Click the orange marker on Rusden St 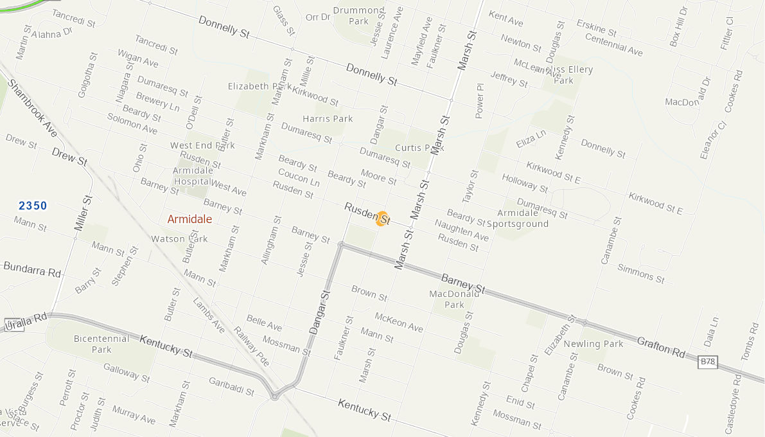(x=382, y=219)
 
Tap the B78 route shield (x=707, y=362)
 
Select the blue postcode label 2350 (x=33, y=206)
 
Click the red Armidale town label (x=189, y=219)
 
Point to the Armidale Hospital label (x=193, y=176)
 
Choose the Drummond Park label (x=358, y=16)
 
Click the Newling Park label (x=594, y=344)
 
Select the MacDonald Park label (x=454, y=299)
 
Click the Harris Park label (x=328, y=119)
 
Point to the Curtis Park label (x=416, y=148)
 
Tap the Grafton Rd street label (x=662, y=348)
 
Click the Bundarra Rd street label (x=32, y=271)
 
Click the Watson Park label (x=179, y=239)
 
